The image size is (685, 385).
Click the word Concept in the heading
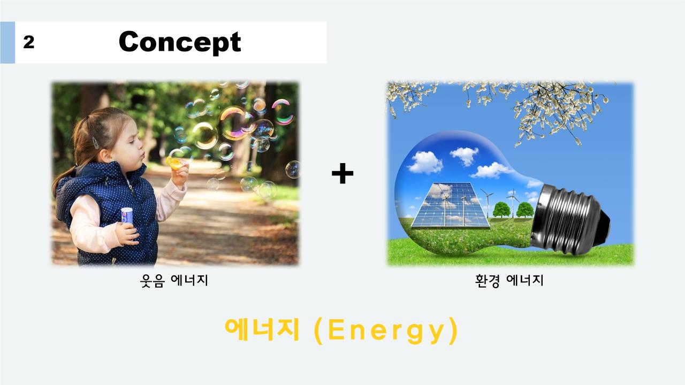coord(180,42)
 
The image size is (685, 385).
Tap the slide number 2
coord(29,42)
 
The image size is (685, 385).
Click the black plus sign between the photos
coord(342,173)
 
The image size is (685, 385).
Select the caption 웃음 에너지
coord(174,281)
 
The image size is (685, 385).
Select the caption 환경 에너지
coord(509,281)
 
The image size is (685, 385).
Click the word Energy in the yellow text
coord(386,330)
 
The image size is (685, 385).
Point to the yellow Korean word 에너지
coord(262,329)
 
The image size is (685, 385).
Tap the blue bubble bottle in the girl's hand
coord(127,215)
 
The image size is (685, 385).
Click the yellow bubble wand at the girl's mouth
coord(175,163)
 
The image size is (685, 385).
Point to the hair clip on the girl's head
coord(95,143)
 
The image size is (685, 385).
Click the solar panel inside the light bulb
coord(450,205)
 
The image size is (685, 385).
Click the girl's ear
coord(106,155)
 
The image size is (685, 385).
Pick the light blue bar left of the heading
coord(7,42)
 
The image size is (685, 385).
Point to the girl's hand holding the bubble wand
coord(180,174)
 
